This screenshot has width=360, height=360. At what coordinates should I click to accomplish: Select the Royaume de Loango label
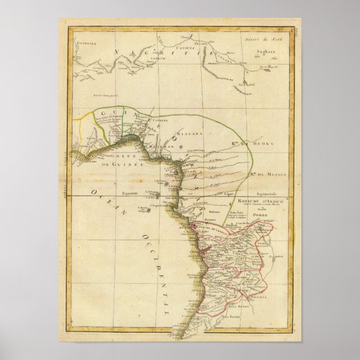pyautogui.click(x=211, y=228)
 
